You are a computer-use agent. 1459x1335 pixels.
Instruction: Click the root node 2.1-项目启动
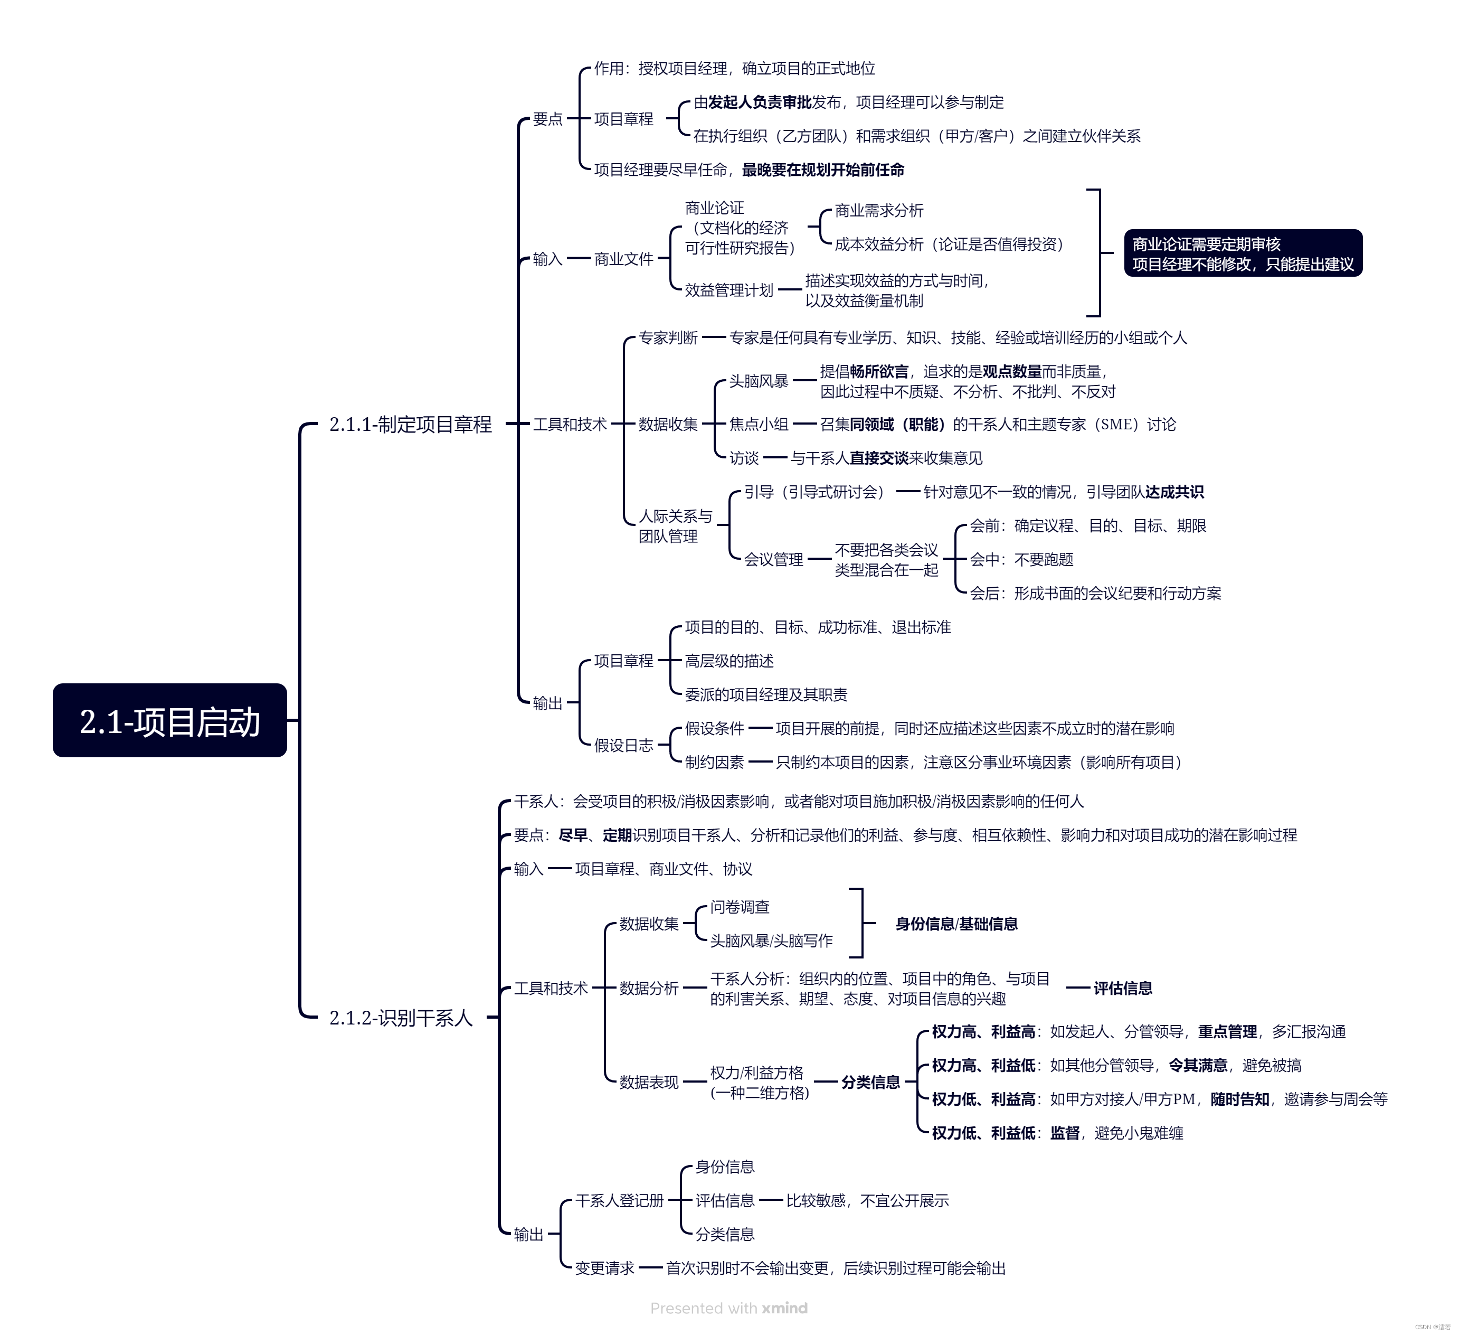pyautogui.click(x=169, y=720)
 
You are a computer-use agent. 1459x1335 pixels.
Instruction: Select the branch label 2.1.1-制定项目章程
pyautogui.click(x=410, y=424)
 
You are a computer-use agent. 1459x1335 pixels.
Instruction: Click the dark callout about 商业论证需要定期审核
pyautogui.click(x=1242, y=253)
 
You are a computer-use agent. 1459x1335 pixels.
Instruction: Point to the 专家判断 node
pyautogui.click(x=667, y=337)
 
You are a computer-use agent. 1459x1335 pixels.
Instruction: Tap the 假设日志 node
pyautogui.click(x=623, y=745)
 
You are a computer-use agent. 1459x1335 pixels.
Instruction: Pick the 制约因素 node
pyautogui.click(x=714, y=761)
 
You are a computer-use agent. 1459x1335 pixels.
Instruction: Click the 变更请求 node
pyautogui.click(x=604, y=1268)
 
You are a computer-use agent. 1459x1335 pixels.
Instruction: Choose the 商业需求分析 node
pyautogui.click(x=878, y=211)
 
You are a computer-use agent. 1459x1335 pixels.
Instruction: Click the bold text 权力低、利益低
pyautogui.click(x=983, y=1133)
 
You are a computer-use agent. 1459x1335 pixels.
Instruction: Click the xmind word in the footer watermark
pyautogui.click(x=784, y=1308)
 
